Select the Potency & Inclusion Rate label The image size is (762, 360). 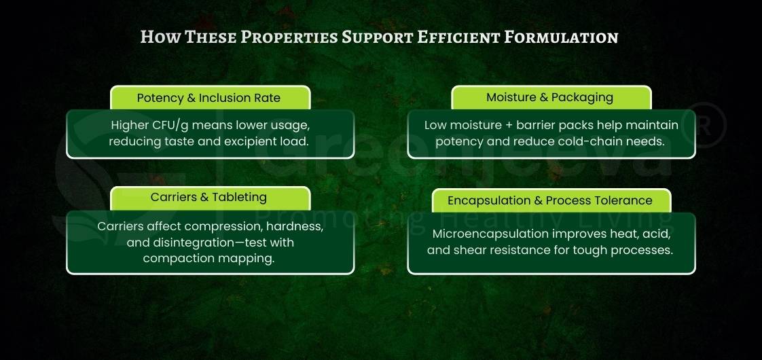point(208,98)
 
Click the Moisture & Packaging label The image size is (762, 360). point(549,97)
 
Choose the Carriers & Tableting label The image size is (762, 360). point(208,197)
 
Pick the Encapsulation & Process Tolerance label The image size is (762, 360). point(549,200)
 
